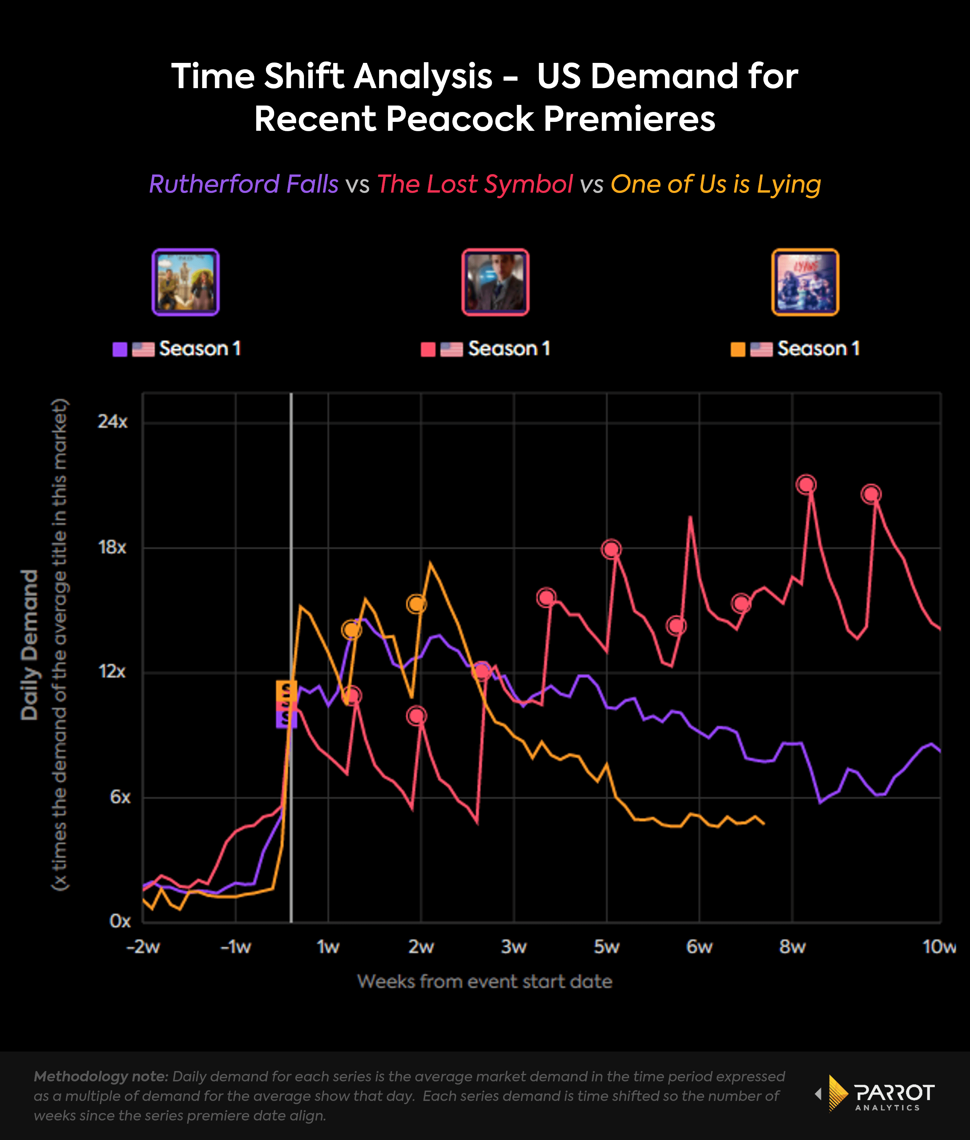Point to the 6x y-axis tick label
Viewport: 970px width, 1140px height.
coord(120,797)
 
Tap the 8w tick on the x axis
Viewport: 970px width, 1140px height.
coord(792,947)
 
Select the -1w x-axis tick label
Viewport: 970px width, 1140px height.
coord(235,947)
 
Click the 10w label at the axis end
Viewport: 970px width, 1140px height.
coord(939,947)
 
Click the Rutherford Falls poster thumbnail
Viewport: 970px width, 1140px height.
coord(185,282)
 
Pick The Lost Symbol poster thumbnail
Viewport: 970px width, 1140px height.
coord(495,282)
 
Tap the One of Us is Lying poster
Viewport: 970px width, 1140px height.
coord(805,282)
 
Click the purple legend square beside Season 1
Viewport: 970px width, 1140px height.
coord(120,349)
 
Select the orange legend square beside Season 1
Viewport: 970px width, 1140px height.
coord(737,349)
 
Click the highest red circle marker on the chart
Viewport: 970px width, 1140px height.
coord(806,484)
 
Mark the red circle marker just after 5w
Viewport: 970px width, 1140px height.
coord(611,549)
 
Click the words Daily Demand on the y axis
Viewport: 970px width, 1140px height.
coord(30,644)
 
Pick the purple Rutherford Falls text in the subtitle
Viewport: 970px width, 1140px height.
coord(244,184)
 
